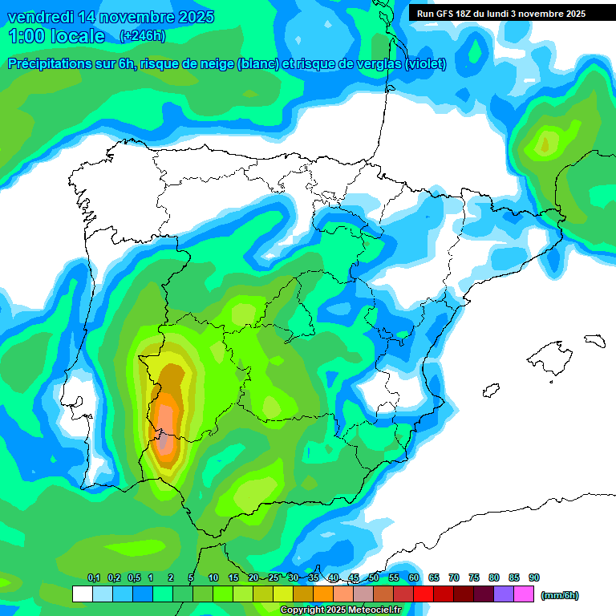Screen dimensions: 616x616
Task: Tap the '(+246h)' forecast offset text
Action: pyautogui.click(x=143, y=36)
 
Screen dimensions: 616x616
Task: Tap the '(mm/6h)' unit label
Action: pyautogui.click(x=560, y=595)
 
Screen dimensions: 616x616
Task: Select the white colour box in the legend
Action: pyautogui.click(x=82, y=594)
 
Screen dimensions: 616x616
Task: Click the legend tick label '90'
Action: pyautogui.click(x=534, y=577)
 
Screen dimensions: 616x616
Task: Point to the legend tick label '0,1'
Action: pyautogui.click(x=93, y=577)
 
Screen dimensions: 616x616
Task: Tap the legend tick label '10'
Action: pyautogui.click(x=213, y=577)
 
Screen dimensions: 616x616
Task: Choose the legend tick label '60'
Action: pyautogui.click(x=414, y=577)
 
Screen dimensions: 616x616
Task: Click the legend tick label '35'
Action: pyautogui.click(x=314, y=577)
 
